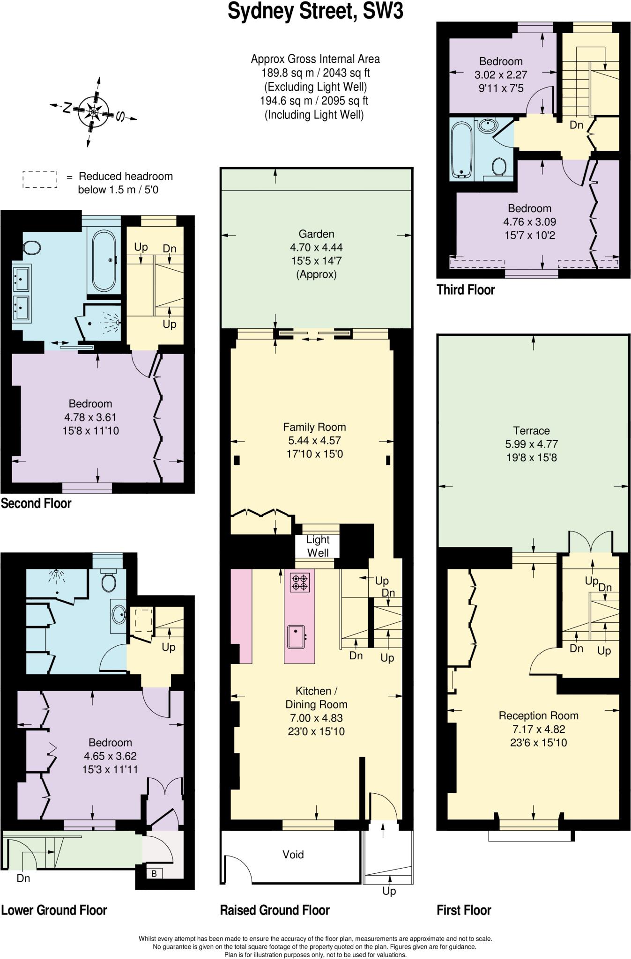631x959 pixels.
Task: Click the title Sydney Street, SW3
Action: pos(315,11)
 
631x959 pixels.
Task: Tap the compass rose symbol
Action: pos(94,111)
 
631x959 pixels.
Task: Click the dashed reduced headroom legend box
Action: pos(40,180)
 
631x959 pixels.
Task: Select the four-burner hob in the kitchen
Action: pos(300,582)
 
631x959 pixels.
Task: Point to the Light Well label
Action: pos(318,546)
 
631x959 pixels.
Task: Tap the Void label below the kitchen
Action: pos(293,855)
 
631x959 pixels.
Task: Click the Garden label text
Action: pos(317,234)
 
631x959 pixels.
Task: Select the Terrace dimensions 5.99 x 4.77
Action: pos(531,444)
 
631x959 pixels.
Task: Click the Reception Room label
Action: pos(538,716)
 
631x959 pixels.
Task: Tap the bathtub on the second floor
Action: pos(104,260)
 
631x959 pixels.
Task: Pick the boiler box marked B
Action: pos(154,873)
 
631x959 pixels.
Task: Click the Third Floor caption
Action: pos(466,290)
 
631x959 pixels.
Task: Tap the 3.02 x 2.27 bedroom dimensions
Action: pos(501,74)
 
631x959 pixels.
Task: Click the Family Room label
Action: pos(314,427)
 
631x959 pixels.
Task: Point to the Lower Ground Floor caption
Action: pos(54,910)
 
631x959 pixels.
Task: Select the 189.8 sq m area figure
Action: pos(315,73)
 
